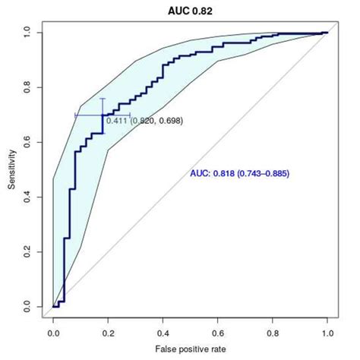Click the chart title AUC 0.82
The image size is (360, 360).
tap(191, 11)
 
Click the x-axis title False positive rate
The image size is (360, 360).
tap(191, 350)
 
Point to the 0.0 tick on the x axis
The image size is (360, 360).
tap(53, 332)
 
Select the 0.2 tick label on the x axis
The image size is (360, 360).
tap(109, 332)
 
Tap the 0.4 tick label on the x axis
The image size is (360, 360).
tap(163, 332)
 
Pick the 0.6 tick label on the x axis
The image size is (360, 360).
tap(218, 332)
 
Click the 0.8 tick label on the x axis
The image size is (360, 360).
tap(273, 332)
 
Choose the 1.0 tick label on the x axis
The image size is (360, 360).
tap(327, 332)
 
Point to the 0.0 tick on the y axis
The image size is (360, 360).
tap(29, 307)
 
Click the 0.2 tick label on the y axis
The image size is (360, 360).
tap(29, 252)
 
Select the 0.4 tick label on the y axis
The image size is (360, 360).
tap(29, 197)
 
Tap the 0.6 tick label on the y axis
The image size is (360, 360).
tap(29, 142)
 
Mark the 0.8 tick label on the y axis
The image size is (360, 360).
tap(29, 87)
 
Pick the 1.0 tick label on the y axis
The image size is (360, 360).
tap(29, 33)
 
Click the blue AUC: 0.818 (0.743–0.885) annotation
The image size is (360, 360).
tap(239, 174)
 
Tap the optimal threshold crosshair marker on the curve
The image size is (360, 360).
tap(103, 115)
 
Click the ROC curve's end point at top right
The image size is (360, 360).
tap(327, 33)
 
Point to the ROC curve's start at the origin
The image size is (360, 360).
tap(53, 307)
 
